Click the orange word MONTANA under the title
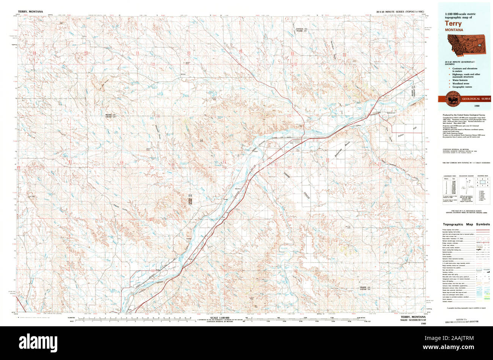[454, 29]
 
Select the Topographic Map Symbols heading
[466, 224]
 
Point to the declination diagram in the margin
[464, 185]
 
